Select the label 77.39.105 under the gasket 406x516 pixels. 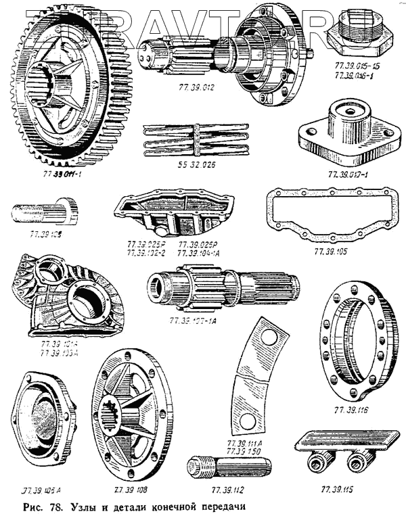click(330, 252)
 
